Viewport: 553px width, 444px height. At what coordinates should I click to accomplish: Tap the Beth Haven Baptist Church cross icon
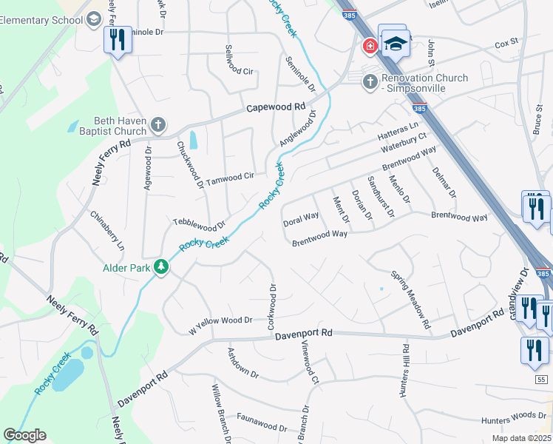click(157, 125)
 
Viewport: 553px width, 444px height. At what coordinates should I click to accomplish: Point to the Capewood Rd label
click(276, 107)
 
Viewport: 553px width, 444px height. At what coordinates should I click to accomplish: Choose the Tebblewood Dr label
click(198, 222)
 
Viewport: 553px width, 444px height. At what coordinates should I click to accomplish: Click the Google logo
click(25, 435)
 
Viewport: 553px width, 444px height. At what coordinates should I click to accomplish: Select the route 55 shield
click(542, 380)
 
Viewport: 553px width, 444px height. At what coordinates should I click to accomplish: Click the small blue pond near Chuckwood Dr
click(194, 138)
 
